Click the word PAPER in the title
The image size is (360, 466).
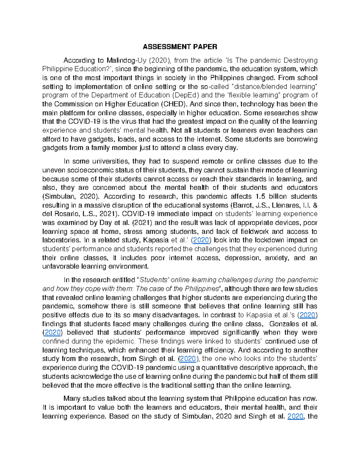tap(205, 47)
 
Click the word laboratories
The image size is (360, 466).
tap(61, 240)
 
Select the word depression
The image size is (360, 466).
tap(242, 258)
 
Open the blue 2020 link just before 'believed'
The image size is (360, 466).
tap(53, 333)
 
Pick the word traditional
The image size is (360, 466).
tap(179, 386)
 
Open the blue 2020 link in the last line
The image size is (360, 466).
tap(295, 416)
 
